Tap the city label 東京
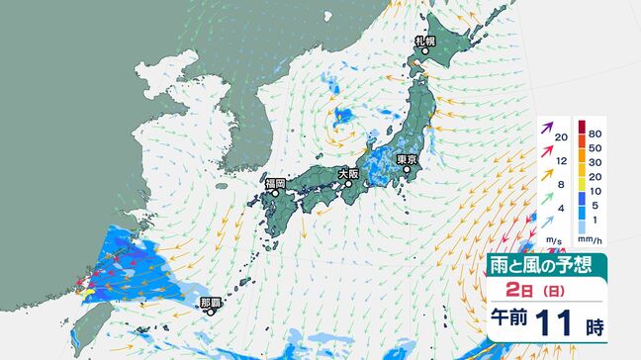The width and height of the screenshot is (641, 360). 407,159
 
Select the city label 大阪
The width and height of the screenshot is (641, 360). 348,173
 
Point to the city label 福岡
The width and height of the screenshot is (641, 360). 275,183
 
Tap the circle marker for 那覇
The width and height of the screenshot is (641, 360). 211,312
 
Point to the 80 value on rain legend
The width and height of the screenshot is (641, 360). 596,129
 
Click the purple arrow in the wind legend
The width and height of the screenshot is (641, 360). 546,129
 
